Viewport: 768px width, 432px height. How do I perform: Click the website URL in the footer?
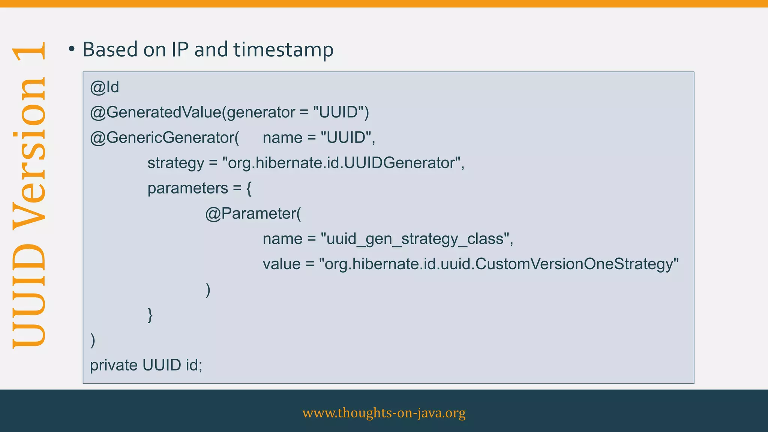pos(384,413)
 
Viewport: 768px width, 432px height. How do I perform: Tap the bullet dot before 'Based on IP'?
pos(72,49)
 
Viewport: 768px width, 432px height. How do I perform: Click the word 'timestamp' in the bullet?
pos(283,50)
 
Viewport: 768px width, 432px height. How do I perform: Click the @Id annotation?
pos(105,87)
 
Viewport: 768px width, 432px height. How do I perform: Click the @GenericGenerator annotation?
pos(164,138)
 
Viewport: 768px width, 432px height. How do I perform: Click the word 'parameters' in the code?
pos(187,188)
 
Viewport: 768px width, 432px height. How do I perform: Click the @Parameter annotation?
pos(252,214)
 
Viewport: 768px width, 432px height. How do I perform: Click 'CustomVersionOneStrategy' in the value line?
pos(574,264)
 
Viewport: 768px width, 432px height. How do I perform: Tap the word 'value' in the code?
pos(282,264)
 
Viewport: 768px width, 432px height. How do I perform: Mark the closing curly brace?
pos(150,315)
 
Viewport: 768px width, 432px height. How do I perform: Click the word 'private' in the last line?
pos(114,365)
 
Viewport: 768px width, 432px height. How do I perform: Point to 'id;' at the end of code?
pos(194,365)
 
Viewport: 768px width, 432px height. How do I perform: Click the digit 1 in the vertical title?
pos(30,51)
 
